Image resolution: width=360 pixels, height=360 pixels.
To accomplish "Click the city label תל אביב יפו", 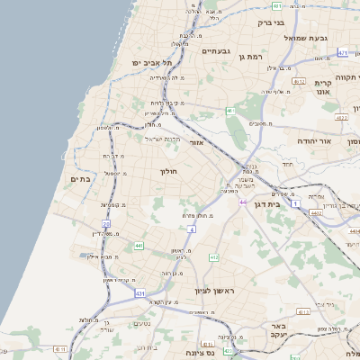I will tap(151, 62).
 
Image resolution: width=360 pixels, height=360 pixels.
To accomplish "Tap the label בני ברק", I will tap(270, 23).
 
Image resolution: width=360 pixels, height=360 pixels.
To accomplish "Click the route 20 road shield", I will tap(106, 223).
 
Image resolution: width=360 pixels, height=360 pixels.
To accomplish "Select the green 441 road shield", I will tap(139, 245).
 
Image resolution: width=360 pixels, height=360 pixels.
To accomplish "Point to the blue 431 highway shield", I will tap(139, 293).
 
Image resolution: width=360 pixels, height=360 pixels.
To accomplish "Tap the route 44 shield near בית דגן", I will tap(243, 202).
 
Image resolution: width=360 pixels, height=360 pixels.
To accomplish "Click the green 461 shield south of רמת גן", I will tap(230, 111).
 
